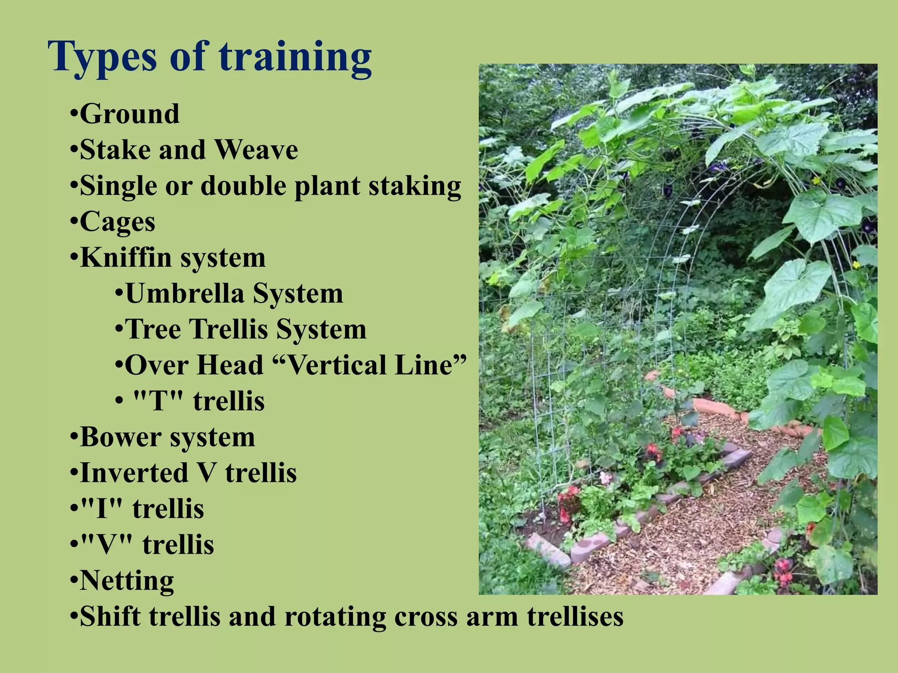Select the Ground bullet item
pos(129,114)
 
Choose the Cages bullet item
pos(117,222)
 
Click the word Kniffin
pos(125,258)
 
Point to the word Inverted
pos(134,473)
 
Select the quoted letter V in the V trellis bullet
pos(107,545)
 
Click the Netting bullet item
pos(127,581)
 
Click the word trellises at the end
pos(575,617)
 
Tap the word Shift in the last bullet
pos(111,617)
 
